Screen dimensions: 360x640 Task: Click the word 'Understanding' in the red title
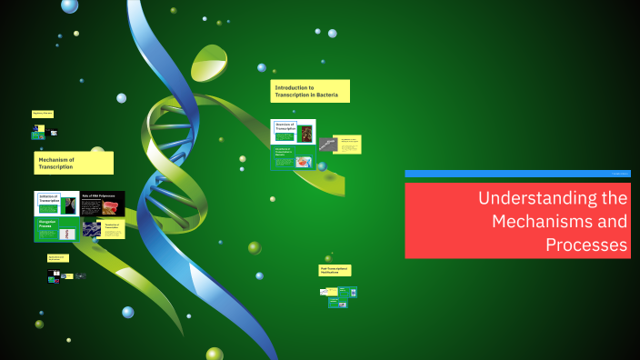click(x=553, y=198)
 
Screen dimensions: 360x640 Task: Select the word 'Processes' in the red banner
click(x=586, y=245)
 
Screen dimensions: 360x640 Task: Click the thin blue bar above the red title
click(x=516, y=174)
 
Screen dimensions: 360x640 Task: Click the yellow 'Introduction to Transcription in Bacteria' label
click(x=310, y=91)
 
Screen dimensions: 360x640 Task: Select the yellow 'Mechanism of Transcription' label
click(x=74, y=163)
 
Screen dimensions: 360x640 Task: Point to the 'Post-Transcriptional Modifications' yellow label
click(x=335, y=270)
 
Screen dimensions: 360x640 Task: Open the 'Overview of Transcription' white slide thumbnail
click(x=293, y=132)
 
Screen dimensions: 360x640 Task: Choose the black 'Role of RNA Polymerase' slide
click(x=103, y=203)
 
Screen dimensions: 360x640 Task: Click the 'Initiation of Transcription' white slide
click(x=57, y=203)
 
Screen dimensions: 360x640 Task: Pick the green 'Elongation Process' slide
click(x=56, y=229)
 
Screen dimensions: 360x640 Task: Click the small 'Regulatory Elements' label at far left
click(x=43, y=114)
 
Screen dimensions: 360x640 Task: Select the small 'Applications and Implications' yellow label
click(x=57, y=258)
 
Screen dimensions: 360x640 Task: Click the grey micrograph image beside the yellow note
click(x=327, y=144)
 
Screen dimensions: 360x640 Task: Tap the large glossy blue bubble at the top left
click(x=69, y=5)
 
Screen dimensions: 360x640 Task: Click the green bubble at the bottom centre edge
click(x=215, y=354)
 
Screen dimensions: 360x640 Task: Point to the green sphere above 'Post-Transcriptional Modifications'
click(x=328, y=259)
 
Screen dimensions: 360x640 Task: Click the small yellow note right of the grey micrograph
click(x=349, y=144)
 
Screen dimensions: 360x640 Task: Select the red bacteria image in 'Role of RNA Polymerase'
click(x=110, y=207)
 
